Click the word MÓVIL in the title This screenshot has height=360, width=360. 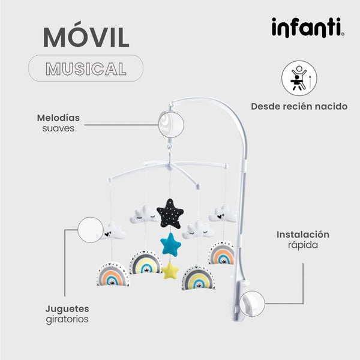[86, 37]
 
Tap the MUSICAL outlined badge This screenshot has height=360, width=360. [86, 68]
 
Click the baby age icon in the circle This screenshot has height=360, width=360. [299, 79]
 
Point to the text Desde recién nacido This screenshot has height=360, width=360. [299, 107]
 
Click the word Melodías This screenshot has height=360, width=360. [58, 118]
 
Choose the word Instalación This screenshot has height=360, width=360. [302, 235]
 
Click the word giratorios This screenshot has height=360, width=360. [67, 319]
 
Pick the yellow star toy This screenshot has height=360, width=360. [171, 271]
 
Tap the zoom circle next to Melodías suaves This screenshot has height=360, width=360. [171, 123]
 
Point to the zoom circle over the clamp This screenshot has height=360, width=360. [251, 303]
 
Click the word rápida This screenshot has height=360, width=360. [302, 245]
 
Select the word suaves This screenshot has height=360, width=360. [58, 128]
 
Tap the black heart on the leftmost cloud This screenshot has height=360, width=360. [107, 235]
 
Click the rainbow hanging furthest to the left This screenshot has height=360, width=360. [113, 274]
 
